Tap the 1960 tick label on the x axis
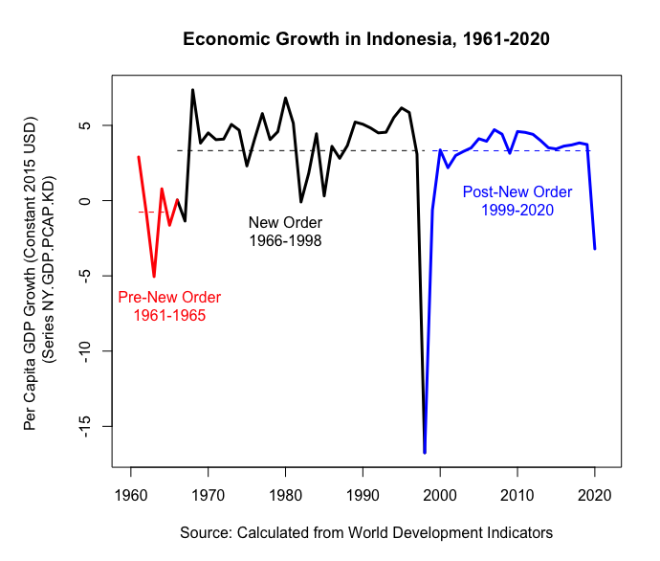(130, 495)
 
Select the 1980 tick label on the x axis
(285, 495)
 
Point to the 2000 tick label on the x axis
(440, 495)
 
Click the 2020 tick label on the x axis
(594, 495)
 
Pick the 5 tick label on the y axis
(84, 125)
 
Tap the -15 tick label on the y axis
(84, 426)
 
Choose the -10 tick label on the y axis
(84, 350)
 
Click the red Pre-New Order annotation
(162, 305)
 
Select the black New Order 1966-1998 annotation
(284, 232)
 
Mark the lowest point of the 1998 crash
(424, 452)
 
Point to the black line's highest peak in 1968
(192, 90)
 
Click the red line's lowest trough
(154, 277)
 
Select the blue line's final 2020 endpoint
(595, 249)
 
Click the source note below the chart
(366, 532)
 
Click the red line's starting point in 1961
(139, 157)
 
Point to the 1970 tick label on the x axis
(208, 495)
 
